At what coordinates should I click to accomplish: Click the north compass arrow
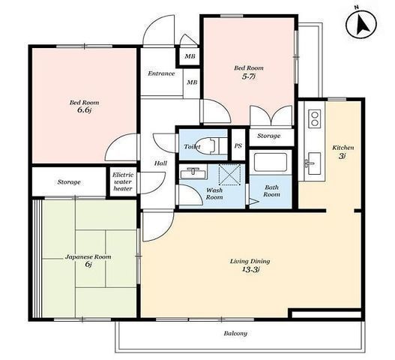point(364,26)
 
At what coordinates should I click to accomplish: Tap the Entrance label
point(161,73)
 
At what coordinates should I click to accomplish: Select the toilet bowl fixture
point(211,145)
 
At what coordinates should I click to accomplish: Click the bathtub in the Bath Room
point(271,162)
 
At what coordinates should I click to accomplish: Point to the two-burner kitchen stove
point(314,118)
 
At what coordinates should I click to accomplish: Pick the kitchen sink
point(314,163)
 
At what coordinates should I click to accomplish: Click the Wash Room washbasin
point(193,173)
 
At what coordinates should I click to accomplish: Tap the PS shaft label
point(238,146)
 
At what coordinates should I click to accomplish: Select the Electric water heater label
point(123,181)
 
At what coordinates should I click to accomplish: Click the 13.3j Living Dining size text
point(250,269)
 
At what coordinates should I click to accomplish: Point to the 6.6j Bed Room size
point(84,110)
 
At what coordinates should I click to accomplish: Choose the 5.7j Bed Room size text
point(249,76)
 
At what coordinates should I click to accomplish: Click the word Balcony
point(235,334)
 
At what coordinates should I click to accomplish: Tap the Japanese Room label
point(88,257)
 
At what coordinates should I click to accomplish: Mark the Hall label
point(160,163)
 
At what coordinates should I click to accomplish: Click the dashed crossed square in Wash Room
point(229,175)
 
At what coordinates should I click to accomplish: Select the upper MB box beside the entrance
point(190,56)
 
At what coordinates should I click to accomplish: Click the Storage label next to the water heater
point(69,182)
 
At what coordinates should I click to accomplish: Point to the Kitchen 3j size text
point(342,156)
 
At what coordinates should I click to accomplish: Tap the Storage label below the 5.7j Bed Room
point(269,136)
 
